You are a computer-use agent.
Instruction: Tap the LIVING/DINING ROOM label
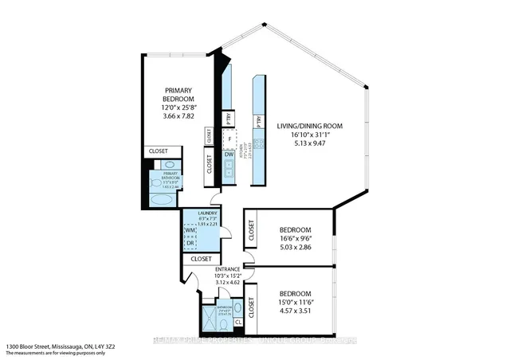point(309,126)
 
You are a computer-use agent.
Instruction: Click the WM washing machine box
point(190,231)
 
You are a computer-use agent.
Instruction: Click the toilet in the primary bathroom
point(155,182)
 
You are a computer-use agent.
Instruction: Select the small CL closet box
point(238,322)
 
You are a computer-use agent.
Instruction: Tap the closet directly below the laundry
point(201,259)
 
